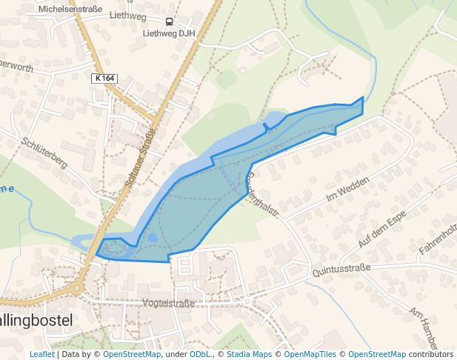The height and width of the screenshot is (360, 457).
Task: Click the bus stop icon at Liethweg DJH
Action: pos(169,22)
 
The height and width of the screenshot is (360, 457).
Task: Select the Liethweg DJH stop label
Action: pos(169,33)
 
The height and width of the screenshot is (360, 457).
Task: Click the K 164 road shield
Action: pos(105,78)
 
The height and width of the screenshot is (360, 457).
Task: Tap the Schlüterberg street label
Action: pos(44,153)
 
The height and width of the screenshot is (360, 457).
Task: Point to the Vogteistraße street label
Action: pos(167,304)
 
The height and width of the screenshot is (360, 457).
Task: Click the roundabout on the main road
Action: pos(76,288)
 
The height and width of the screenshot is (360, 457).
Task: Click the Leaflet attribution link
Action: pos(41,354)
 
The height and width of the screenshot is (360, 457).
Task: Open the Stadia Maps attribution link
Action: pos(248,354)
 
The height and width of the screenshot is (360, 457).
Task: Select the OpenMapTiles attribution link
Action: pos(310,354)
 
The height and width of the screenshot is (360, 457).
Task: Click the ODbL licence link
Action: pos(199,354)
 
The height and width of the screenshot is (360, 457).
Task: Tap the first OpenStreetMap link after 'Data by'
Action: pos(131,354)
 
